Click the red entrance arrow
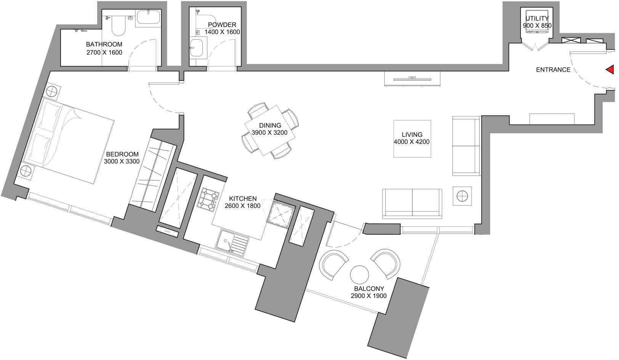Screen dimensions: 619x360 (x=611, y=69)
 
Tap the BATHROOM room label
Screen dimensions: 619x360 (x=104, y=44)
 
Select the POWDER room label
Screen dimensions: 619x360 (x=222, y=25)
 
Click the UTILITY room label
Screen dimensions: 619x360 (x=537, y=19)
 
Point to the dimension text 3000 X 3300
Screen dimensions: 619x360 (x=122, y=162)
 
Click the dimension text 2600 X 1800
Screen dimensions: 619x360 (x=243, y=206)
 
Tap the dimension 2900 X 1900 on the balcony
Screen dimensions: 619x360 (x=369, y=296)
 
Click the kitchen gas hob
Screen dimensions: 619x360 (x=208, y=200)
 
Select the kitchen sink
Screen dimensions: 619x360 (x=232, y=243)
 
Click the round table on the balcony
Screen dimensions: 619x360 (x=359, y=275)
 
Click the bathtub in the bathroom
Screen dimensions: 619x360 (x=148, y=17)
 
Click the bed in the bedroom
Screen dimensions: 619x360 (x=68, y=141)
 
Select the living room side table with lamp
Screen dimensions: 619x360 (x=462, y=196)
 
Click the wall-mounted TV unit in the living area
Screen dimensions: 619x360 (x=412, y=79)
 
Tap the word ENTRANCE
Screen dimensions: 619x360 (x=553, y=70)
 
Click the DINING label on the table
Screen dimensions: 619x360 (x=270, y=125)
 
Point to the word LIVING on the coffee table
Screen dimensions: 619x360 (x=412, y=134)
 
